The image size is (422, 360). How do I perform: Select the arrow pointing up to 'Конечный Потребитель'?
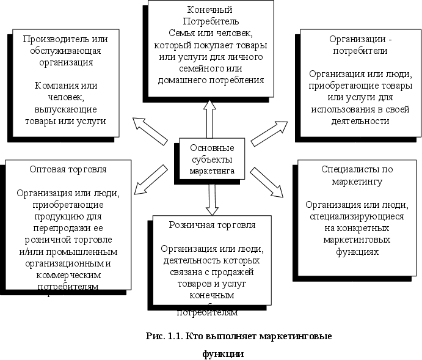pos(209,119)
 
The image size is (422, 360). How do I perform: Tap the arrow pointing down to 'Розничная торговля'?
pos(213,198)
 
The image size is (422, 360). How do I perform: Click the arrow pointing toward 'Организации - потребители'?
pos(269,133)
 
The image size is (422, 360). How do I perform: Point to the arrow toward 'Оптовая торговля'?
pos(150,178)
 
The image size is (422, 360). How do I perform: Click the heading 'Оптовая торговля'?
pos(68,169)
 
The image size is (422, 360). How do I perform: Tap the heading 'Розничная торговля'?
pos(212,224)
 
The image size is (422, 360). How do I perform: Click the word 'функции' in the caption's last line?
pos(224,353)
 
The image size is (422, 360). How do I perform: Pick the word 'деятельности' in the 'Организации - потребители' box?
pos(358,120)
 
